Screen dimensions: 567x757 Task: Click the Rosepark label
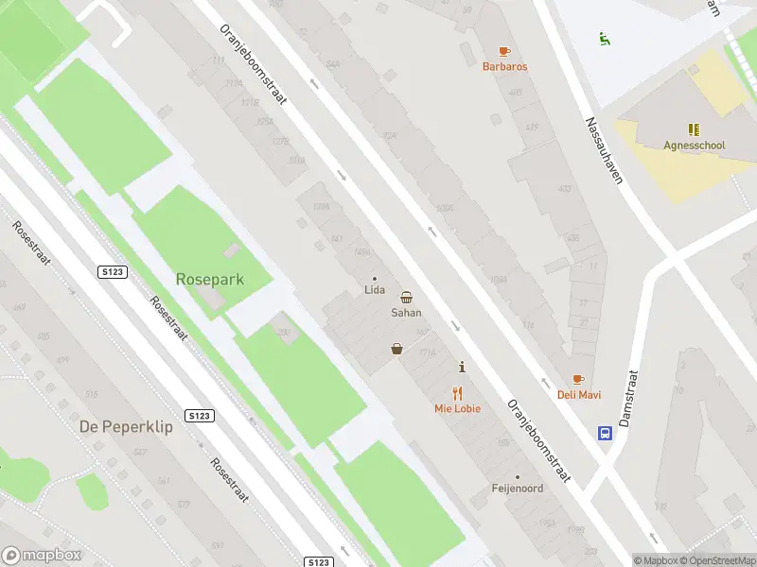tap(209, 279)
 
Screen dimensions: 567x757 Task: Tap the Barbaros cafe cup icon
tap(504, 51)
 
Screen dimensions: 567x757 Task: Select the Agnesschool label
tap(694, 146)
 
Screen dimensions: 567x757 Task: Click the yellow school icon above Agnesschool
tap(694, 129)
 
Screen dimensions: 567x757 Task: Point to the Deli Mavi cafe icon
tap(578, 380)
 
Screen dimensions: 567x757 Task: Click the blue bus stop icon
tap(604, 434)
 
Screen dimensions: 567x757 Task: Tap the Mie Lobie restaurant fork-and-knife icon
tap(458, 393)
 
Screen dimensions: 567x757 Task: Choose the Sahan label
tap(406, 312)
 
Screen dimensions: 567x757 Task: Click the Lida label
tap(374, 290)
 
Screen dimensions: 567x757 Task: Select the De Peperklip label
tap(126, 426)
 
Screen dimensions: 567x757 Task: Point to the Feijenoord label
tap(517, 489)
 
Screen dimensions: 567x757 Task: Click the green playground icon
tap(604, 39)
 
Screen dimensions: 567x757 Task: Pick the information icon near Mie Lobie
tap(462, 367)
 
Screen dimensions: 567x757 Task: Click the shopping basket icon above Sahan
tap(406, 297)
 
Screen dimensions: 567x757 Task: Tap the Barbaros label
tap(504, 67)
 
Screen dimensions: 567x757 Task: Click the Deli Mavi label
tap(578, 395)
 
